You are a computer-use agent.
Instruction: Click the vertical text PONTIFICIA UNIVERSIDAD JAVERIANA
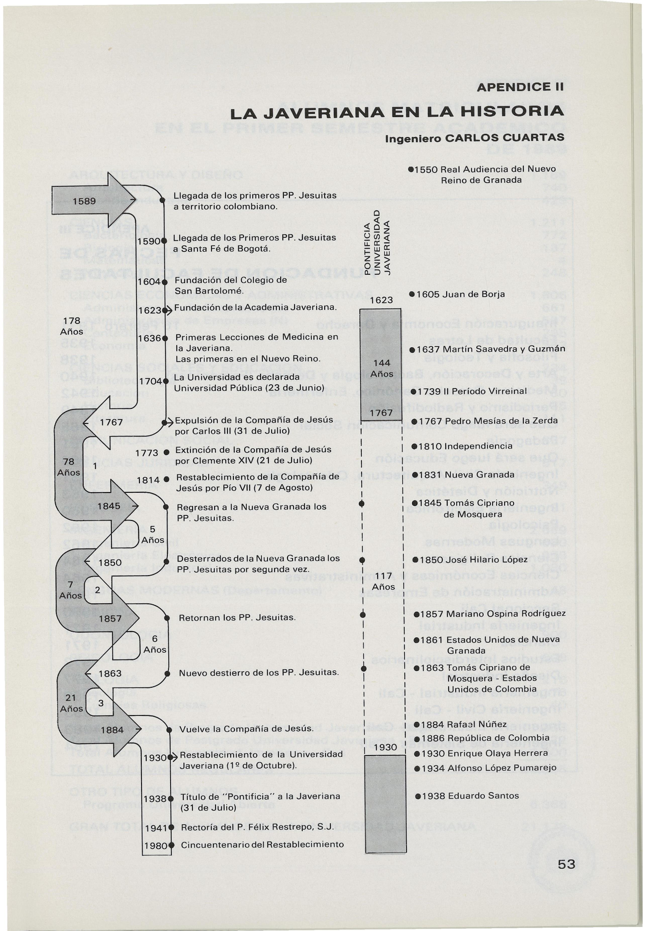pyautogui.click(x=376, y=242)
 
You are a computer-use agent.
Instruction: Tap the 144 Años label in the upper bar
pyautogui.click(x=382, y=368)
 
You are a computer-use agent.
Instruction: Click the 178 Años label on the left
pyautogui.click(x=72, y=326)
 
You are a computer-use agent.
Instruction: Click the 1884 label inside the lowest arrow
pyautogui.click(x=112, y=730)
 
